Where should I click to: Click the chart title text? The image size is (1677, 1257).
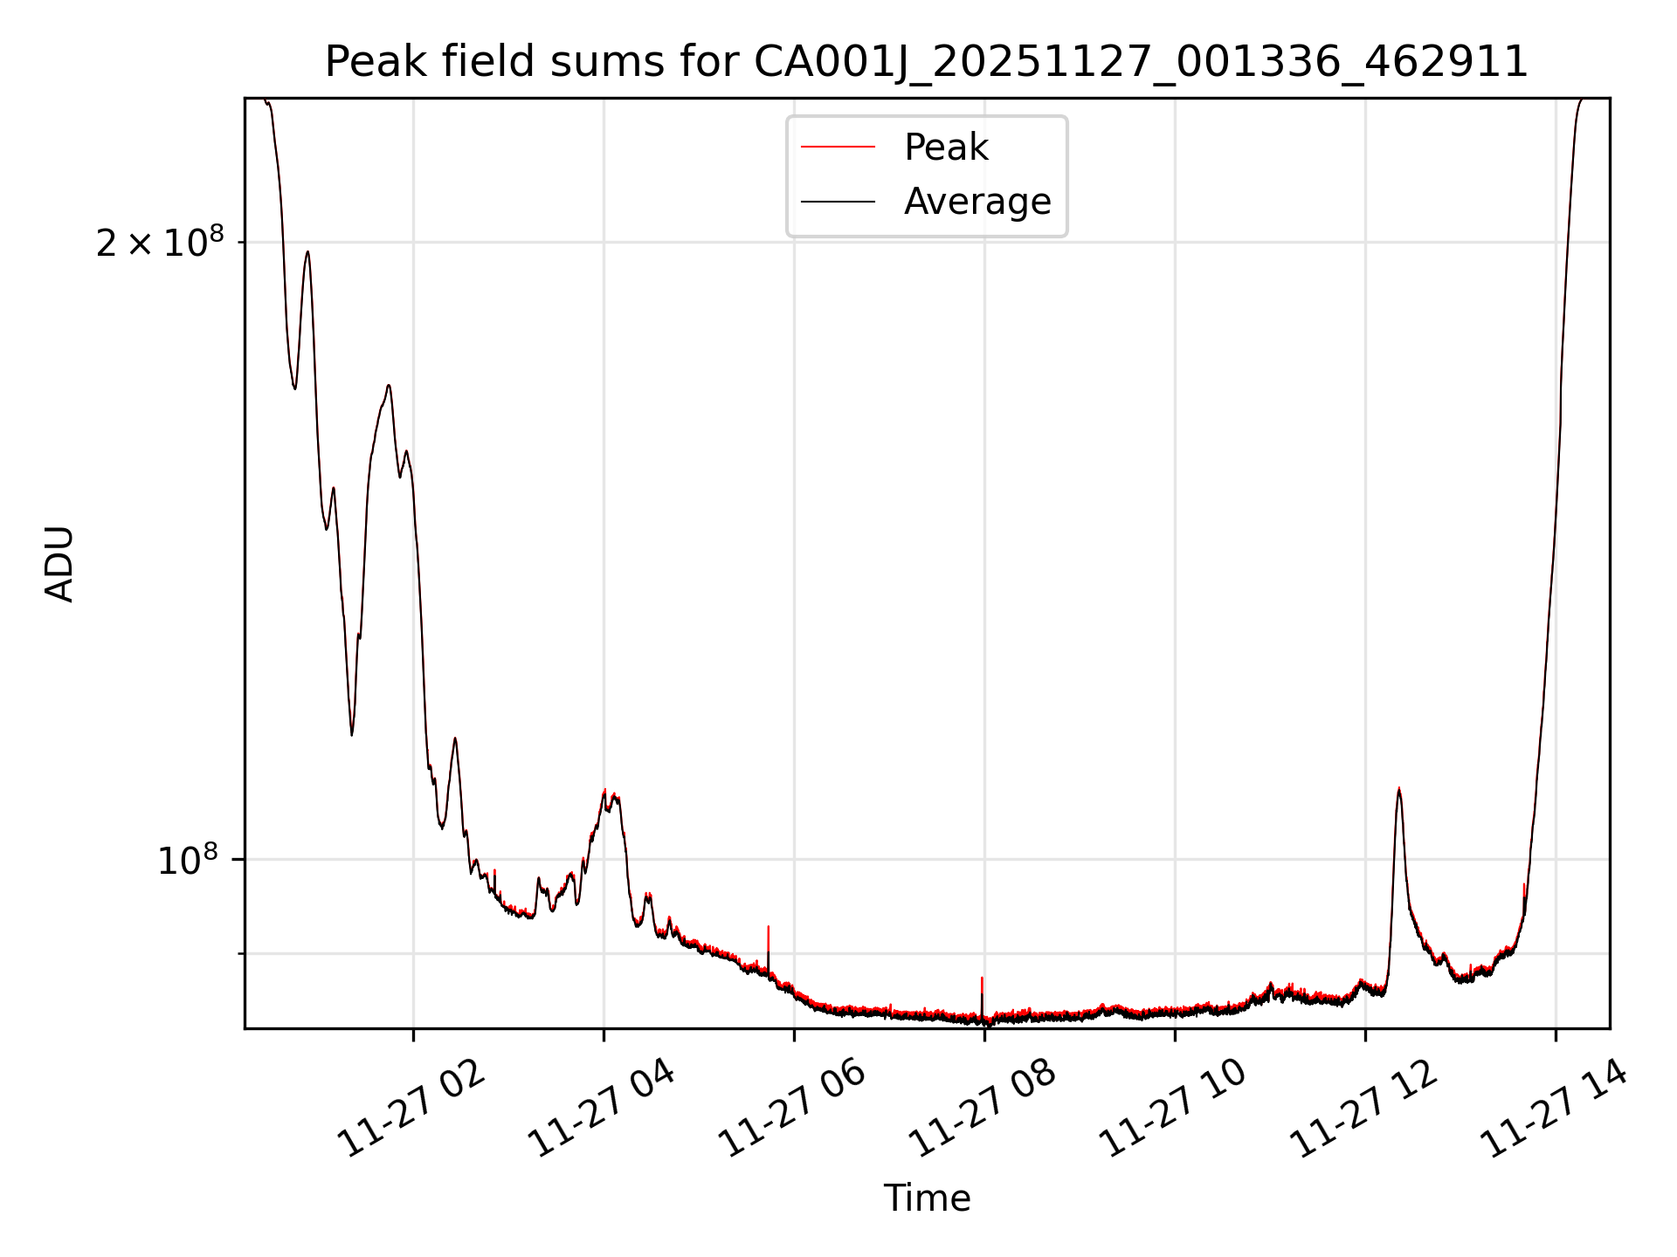tap(926, 63)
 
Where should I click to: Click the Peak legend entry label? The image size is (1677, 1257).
tap(946, 148)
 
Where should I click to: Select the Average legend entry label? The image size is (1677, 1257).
tap(977, 202)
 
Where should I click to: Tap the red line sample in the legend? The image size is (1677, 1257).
tap(838, 148)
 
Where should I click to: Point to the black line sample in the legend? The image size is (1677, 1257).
tap(838, 202)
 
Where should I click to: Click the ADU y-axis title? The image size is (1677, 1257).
tap(59, 564)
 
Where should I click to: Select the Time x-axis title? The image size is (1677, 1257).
tap(927, 1199)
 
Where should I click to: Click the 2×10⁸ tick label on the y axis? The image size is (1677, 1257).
tap(160, 243)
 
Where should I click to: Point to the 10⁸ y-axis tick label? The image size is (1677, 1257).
tap(186, 861)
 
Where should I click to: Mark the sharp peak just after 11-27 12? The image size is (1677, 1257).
tap(1398, 791)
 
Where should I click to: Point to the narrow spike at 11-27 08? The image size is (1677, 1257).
tap(983, 980)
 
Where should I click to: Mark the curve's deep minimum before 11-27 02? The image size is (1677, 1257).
tap(352, 732)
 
